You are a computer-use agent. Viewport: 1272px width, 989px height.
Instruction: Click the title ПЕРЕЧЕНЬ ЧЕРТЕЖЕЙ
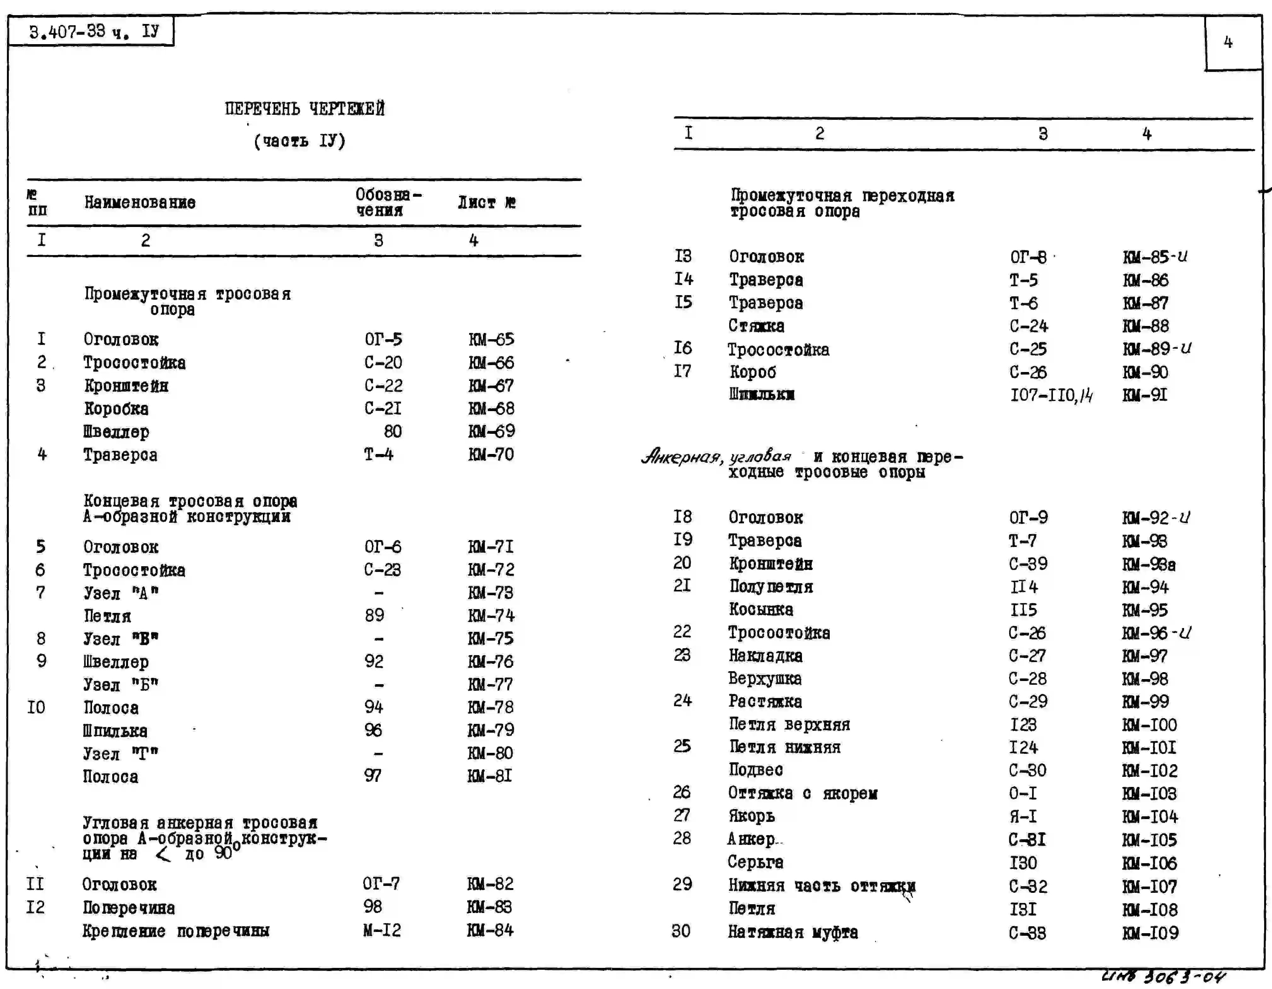click(305, 109)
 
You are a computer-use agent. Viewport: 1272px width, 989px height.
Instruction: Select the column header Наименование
click(140, 203)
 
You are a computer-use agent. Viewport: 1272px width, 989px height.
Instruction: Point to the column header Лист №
click(486, 203)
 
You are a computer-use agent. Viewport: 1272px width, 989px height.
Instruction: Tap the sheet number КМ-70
click(491, 454)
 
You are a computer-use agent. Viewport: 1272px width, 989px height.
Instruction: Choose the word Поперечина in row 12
click(129, 907)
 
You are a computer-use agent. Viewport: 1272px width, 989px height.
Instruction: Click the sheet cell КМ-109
click(1150, 933)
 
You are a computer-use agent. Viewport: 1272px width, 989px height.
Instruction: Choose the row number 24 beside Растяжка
click(682, 701)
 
